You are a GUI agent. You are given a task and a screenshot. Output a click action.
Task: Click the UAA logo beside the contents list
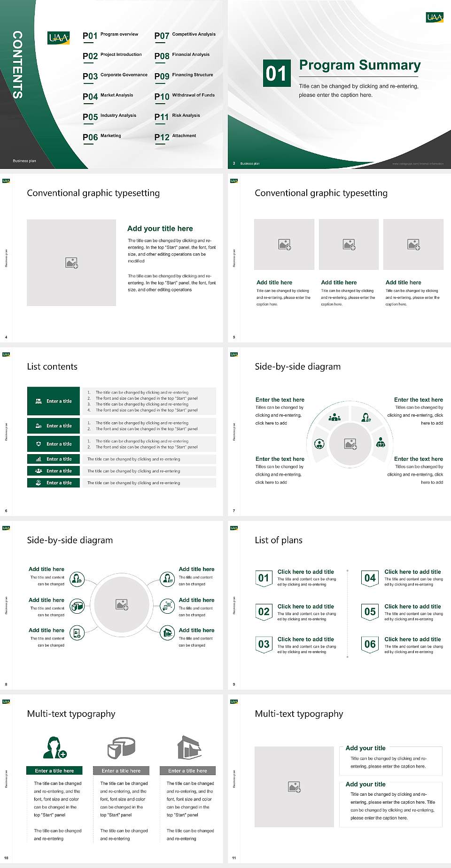(x=59, y=38)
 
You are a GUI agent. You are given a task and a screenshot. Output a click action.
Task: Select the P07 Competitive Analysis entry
(x=185, y=35)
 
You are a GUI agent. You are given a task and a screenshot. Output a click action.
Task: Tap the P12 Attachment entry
(x=175, y=137)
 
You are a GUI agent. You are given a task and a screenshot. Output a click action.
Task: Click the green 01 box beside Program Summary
(x=276, y=73)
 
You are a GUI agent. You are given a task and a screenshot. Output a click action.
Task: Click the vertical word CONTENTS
(x=17, y=65)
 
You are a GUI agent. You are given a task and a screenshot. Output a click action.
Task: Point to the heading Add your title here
(x=160, y=228)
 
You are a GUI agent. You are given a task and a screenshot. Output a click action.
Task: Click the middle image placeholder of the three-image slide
(x=349, y=244)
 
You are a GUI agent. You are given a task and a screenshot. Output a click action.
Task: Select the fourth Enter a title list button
(x=54, y=459)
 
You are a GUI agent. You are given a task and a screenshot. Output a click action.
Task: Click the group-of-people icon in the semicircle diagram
(x=334, y=417)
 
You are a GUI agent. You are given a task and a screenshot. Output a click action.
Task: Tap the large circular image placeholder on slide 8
(x=122, y=604)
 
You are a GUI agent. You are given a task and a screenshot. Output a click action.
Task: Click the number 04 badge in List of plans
(x=370, y=578)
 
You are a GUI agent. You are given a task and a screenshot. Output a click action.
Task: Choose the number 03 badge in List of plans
(x=264, y=644)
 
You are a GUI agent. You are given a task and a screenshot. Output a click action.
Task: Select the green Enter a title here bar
(x=54, y=770)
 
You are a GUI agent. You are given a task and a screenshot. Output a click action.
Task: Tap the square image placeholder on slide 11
(x=294, y=787)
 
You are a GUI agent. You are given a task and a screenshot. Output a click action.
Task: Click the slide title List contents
(x=52, y=366)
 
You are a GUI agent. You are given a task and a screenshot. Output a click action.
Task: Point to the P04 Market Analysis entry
(x=108, y=96)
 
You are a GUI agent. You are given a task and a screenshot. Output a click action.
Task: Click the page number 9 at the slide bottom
(x=234, y=684)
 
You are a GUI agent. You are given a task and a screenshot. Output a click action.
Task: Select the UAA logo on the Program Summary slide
(x=435, y=17)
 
